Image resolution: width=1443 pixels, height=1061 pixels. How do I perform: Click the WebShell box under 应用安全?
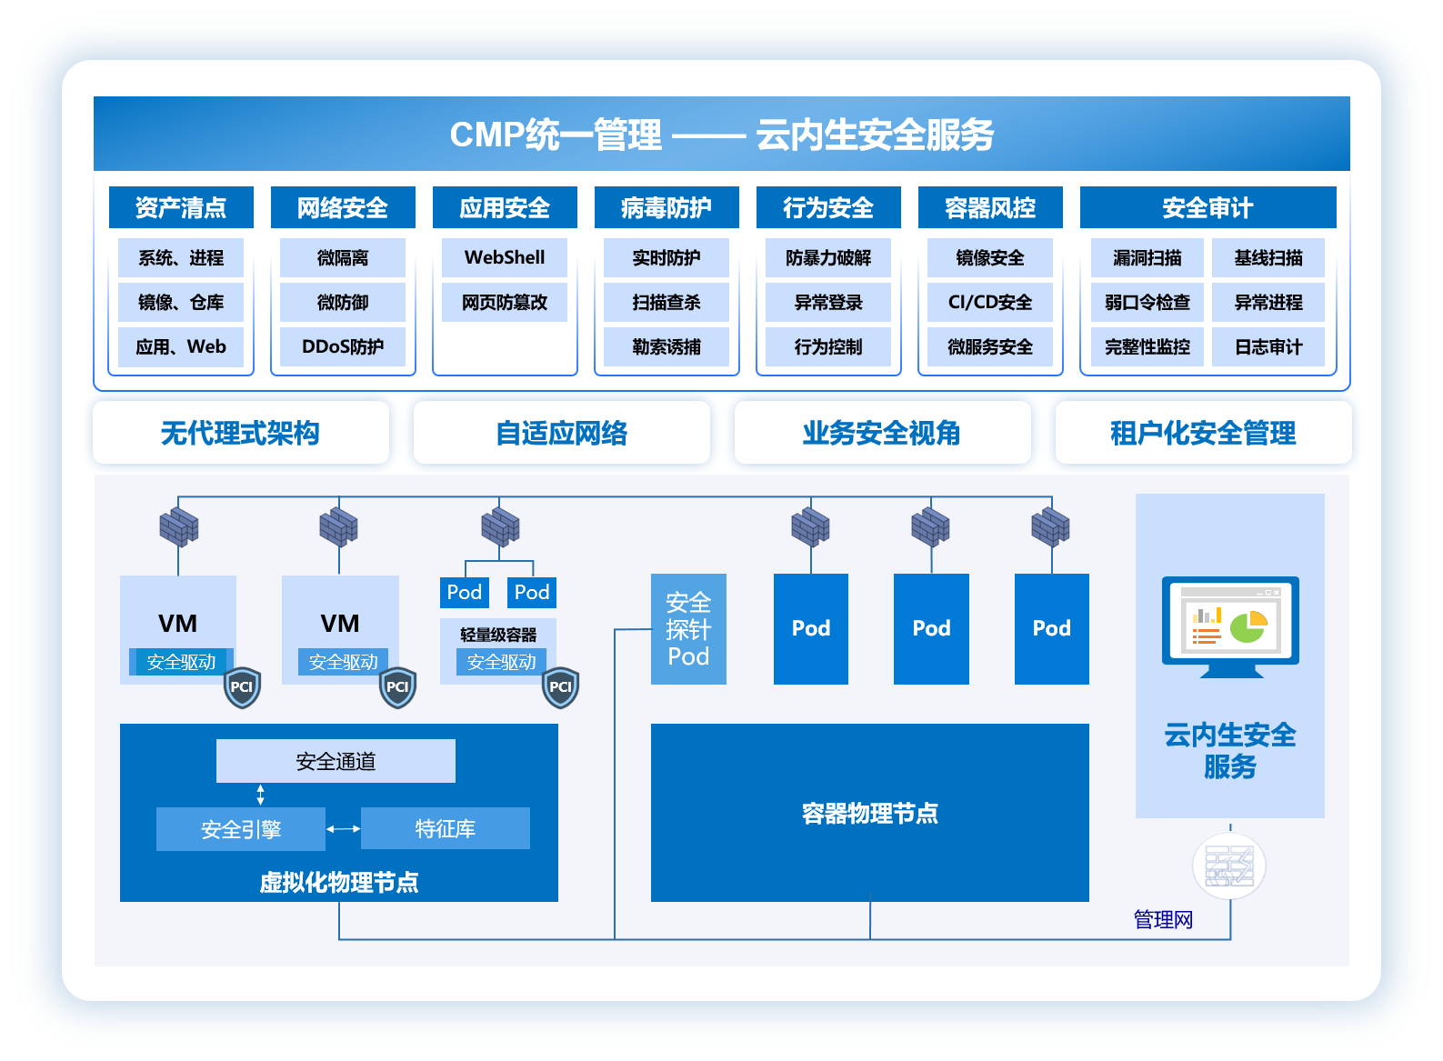[505, 257]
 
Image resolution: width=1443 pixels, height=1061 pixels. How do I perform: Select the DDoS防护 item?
[343, 346]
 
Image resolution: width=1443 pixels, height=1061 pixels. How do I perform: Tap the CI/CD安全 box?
[990, 302]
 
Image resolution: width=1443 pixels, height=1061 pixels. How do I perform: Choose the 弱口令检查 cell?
[1147, 302]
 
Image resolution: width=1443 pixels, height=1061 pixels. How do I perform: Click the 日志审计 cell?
[1268, 346]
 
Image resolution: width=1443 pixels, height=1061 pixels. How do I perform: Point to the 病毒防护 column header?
[666, 207]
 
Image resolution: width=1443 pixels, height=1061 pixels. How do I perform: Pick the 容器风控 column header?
[990, 207]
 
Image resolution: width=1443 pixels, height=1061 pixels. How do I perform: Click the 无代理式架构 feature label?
[241, 433]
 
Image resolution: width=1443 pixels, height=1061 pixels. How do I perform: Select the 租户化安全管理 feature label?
[1203, 433]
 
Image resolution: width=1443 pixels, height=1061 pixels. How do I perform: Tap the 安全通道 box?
[336, 761]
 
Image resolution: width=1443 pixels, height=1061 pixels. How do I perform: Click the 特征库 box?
[446, 828]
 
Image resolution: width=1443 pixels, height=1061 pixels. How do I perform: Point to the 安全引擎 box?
[241, 828]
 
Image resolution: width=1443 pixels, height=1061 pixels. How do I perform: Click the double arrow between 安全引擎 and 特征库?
[344, 828]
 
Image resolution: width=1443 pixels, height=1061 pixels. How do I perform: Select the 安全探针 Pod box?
[688, 629]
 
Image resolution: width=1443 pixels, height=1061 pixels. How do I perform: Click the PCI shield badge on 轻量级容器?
[560, 687]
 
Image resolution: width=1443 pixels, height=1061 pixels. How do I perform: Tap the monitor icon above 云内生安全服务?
[1230, 626]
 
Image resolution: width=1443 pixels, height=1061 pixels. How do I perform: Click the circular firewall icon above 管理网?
[1229, 866]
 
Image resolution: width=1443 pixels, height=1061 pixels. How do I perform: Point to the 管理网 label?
[1163, 919]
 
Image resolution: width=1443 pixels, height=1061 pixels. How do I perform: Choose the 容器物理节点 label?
[870, 813]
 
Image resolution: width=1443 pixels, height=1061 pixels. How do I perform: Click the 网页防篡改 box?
[505, 302]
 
